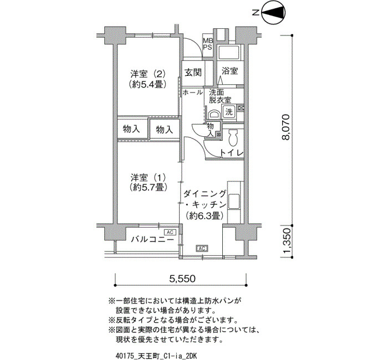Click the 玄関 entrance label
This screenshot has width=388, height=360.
point(193,73)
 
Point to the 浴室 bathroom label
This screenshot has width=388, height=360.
point(230,71)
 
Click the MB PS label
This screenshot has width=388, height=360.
point(208,44)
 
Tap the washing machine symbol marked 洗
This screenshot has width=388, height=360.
point(228,112)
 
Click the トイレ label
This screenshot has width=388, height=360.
point(232,153)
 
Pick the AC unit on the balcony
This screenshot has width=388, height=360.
point(170,232)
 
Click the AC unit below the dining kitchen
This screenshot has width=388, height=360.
point(202,248)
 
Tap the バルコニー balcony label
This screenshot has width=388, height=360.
point(152,239)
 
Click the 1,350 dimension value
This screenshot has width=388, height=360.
point(286,241)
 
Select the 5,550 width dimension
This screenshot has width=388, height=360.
point(182,279)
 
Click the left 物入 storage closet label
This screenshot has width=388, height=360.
point(131,129)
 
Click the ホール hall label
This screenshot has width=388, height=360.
point(193,92)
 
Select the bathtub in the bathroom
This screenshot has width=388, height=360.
point(228,52)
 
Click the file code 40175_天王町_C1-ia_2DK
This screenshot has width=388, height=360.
point(156,356)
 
